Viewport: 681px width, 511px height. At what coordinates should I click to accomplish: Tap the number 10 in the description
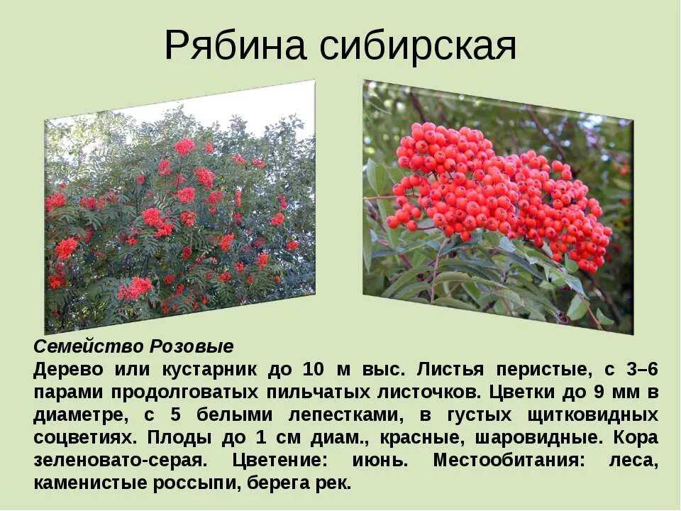313,369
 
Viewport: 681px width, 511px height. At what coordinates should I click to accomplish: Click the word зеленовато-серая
121,460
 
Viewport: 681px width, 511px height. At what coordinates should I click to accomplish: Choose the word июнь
380,460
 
